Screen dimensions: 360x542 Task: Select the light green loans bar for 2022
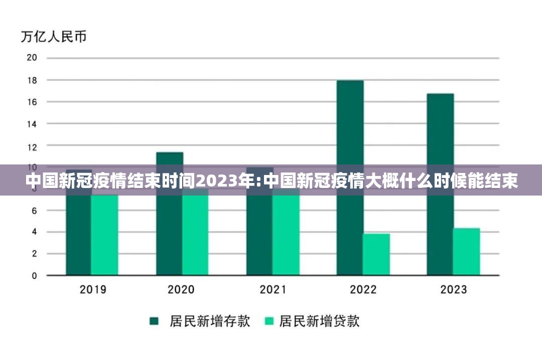tap(376, 254)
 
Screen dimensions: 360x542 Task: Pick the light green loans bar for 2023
tap(467, 252)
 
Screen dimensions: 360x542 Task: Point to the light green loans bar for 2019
tap(104, 236)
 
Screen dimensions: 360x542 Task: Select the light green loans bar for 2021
tap(286, 236)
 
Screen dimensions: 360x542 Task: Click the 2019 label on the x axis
tap(93, 289)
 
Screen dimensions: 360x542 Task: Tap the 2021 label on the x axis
tap(273, 289)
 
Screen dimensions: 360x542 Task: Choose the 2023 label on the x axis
tap(453, 289)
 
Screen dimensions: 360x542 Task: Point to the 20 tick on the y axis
tap(32, 58)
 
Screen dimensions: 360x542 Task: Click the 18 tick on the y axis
tap(32, 80)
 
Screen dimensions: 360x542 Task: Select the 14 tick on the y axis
tap(32, 123)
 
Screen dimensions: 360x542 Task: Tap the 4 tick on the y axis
tap(34, 232)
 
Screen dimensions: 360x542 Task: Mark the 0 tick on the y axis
tap(34, 276)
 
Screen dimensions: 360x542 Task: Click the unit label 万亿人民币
tap(54, 37)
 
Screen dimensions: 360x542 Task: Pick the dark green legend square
tap(154, 321)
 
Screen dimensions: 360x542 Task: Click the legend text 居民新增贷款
tap(319, 321)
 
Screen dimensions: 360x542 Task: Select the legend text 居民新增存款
tap(210, 321)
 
